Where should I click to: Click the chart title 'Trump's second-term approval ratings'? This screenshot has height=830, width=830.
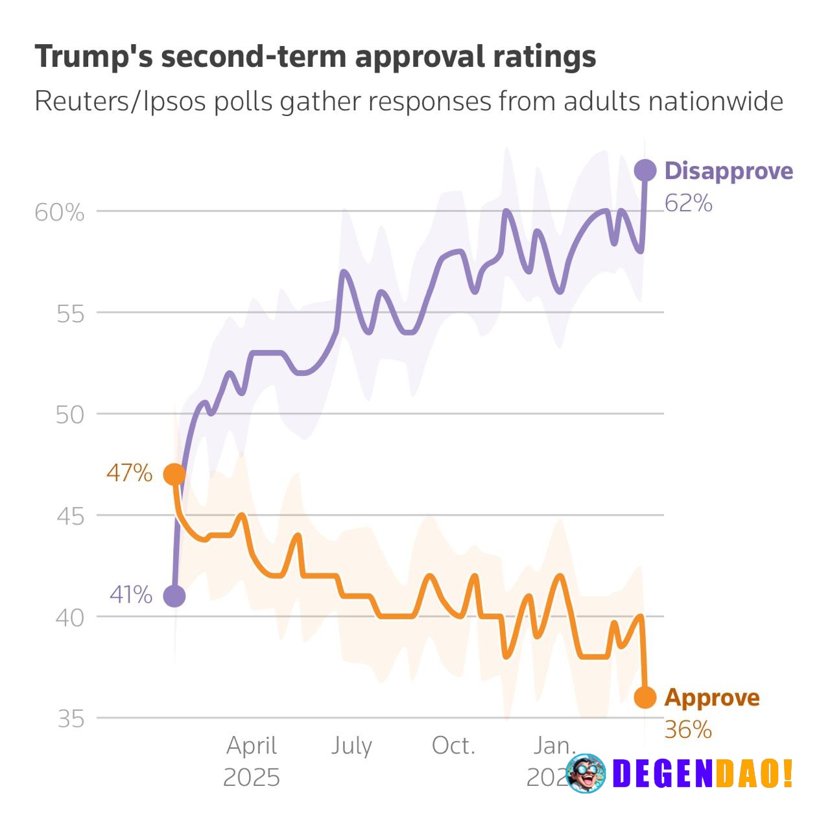pos(315,56)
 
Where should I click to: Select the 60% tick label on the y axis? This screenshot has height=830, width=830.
pos(59,212)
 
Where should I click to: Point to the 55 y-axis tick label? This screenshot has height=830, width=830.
pos(70,314)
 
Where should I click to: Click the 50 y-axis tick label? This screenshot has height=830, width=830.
pos(70,415)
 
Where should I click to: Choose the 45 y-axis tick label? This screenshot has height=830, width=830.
pos(70,517)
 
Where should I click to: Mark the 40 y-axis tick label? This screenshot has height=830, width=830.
pos(70,618)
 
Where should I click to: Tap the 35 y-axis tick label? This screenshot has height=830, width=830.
pos(70,719)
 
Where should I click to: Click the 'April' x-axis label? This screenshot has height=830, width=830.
pos(252,746)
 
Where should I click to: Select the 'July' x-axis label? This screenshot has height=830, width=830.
pos(351,746)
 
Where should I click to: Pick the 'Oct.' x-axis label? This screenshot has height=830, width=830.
pos(453,746)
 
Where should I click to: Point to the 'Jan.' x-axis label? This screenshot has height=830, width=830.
pos(554,746)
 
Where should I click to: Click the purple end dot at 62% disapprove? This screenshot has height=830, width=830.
pos(645,171)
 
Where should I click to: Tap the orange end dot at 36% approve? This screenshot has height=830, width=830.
pos(645,698)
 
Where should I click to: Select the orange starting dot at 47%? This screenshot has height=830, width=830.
pos(174,475)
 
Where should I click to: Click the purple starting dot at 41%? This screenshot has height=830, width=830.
pos(174,596)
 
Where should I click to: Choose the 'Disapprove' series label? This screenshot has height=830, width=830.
pos(729,171)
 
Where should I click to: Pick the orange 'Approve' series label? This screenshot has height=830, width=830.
pos(712,698)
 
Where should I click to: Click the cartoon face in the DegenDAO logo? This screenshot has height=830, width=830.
pos(586,773)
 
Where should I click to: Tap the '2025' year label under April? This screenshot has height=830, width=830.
pos(252,777)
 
